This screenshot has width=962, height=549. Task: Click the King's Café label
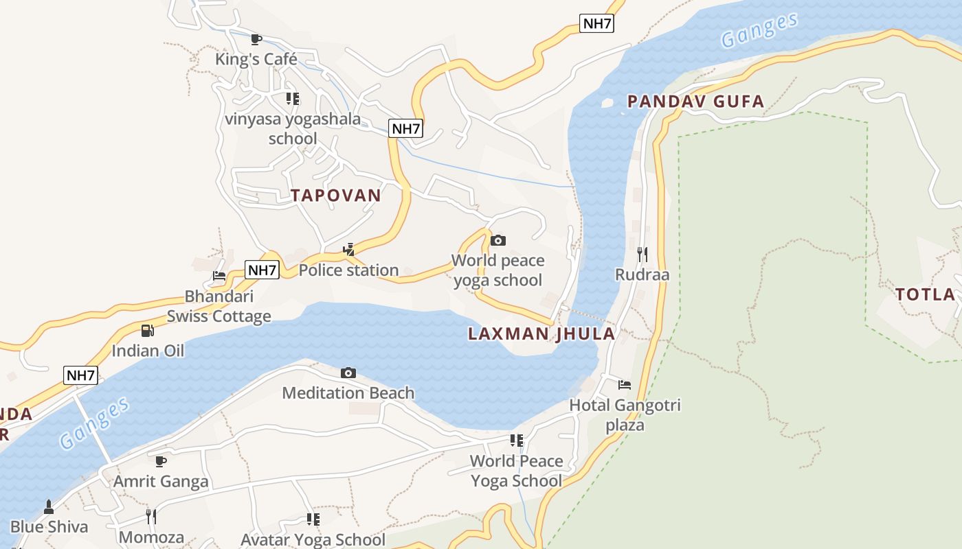point(256,59)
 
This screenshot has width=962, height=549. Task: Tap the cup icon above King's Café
point(256,40)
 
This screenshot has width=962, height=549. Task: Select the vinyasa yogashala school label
point(293,128)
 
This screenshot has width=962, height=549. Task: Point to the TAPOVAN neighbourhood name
point(335,196)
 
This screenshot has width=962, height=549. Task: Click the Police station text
point(348,270)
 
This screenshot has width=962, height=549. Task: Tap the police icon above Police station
point(349,250)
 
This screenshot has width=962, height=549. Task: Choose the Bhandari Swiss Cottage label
point(219,306)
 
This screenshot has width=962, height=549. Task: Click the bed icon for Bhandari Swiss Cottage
point(219,277)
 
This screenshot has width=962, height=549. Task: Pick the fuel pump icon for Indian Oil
point(148,331)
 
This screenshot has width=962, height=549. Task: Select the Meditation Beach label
point(348,393)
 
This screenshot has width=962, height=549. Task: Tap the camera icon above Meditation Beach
point(348,373)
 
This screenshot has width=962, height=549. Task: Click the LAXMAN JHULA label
point(541,334)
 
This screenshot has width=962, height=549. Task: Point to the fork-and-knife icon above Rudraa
point(642,255)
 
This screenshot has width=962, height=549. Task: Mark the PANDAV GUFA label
point(695,102)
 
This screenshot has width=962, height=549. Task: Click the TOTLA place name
point(925,295)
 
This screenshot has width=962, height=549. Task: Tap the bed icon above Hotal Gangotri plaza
point(625,385)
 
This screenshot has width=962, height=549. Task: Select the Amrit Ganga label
point(161,481)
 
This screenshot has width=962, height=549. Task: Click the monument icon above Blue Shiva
point(49,507)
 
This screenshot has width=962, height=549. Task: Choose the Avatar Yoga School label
point(313,539)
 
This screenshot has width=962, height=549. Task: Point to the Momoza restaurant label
point(152,537)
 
